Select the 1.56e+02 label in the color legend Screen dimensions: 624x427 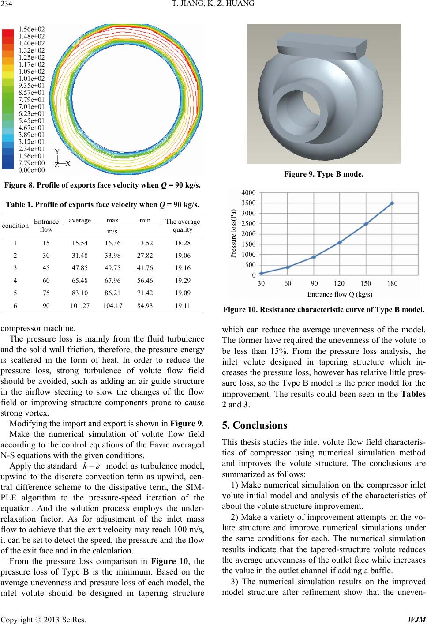click(x=32, y=29)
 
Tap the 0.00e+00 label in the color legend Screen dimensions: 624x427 click(x=32, y=170)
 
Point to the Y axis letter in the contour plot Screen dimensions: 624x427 click(x=57, y=151)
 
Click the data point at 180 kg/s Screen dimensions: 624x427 click(x=392, y=203)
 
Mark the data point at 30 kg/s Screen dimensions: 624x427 click(x=261, y=273)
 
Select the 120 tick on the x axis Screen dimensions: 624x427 click(x=340, y=284)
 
